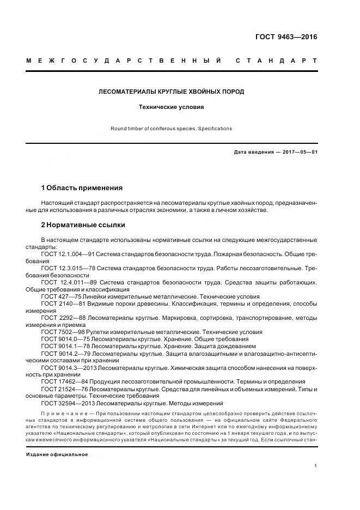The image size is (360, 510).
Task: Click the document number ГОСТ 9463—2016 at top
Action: click(x=286, y=38)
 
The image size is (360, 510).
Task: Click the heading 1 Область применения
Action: click(x=82, y=188)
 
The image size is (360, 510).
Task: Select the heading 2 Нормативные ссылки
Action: click(x=83, y=224)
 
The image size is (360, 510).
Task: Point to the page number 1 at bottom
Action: click(x=315, y=466)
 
